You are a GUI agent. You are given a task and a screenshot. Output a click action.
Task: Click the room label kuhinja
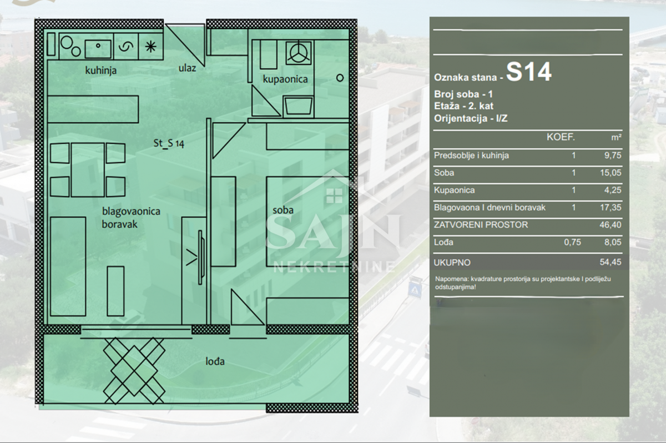pos(101,71)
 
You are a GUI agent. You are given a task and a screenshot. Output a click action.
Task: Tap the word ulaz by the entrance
pos(187,68)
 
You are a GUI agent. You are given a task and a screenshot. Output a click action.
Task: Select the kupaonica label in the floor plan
pos(285,79)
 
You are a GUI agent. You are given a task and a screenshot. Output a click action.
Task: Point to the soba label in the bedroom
pos(283,210)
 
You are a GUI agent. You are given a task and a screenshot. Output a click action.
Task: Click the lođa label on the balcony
pos(215,361)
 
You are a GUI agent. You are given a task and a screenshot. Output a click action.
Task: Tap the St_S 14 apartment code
pos(169,143)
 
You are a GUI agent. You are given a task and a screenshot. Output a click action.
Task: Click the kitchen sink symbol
pos(98,49)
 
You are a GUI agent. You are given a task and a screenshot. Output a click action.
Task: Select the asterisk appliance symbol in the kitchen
pos(151,47)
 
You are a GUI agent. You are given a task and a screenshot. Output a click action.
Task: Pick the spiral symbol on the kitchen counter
pos(126,47)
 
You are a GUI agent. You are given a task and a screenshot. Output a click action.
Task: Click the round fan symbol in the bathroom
pos(299,53)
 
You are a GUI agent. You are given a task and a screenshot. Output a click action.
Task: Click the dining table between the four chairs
pos(88,170)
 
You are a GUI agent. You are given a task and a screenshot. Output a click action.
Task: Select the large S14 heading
pos(528,72)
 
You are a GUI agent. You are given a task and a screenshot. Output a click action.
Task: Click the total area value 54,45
pos(610,262)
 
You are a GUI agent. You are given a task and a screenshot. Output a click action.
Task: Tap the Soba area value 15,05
pos(610,173)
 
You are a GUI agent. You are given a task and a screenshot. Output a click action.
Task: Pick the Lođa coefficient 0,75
pos(572,242)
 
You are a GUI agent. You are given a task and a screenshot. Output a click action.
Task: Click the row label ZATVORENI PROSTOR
pos(481,225)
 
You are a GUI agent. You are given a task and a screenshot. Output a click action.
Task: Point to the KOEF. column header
pos(561,137)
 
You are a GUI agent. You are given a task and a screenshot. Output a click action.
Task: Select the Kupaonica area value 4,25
pos(613,190)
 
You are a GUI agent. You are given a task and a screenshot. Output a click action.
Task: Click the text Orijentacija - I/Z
pos(471,119)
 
